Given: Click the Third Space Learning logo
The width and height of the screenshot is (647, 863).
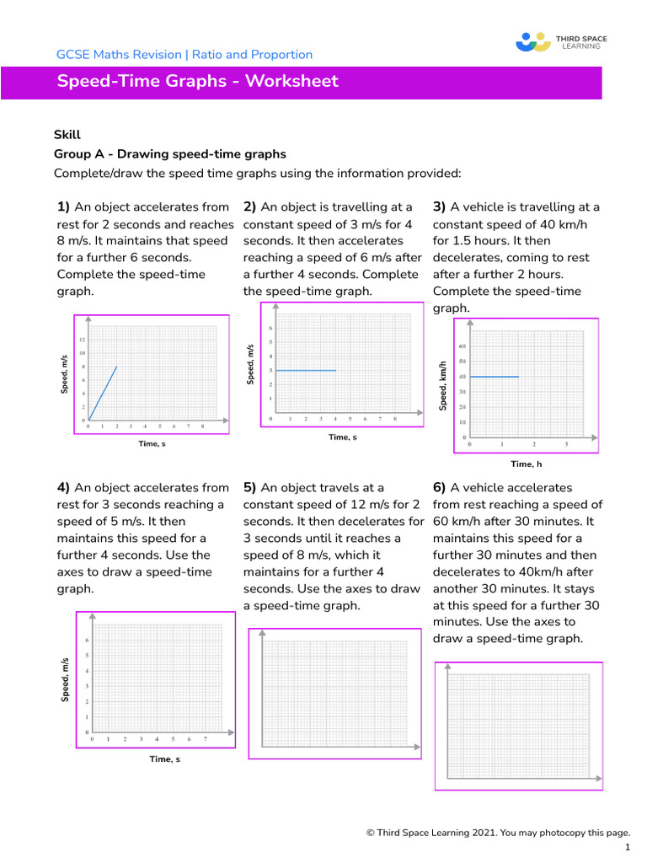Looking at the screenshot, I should tap(560, 42).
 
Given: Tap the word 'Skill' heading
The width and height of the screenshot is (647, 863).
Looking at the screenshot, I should tap(67, 134).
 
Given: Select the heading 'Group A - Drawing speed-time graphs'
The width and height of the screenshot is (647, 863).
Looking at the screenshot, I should tap(170, 154).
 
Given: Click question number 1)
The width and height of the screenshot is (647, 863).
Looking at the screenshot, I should tap(63, 207).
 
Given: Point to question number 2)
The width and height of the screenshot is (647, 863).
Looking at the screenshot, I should tap(250, 207).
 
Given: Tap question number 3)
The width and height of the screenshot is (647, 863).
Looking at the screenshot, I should tap(440, 207).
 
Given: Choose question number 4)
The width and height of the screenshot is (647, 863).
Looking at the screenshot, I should tap(63, 488).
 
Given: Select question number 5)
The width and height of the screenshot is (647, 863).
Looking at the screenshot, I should tap(250, 488).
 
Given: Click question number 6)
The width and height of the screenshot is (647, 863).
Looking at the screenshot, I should tap(440, 488).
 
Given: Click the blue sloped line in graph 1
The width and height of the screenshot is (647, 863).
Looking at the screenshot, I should tap(103, 393).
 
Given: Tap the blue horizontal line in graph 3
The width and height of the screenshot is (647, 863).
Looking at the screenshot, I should tap(495, 377).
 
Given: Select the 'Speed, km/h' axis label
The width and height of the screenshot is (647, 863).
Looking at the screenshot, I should tap(441, 387).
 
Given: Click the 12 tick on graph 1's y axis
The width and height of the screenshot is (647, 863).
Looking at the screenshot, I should tap(83, 340).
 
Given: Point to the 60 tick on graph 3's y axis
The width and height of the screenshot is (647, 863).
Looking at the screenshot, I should tap(463, 346).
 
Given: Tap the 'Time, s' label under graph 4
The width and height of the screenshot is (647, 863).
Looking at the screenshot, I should tap(164, 759).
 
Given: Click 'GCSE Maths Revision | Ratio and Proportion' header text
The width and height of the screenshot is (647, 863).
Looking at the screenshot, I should tap(184, 55).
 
